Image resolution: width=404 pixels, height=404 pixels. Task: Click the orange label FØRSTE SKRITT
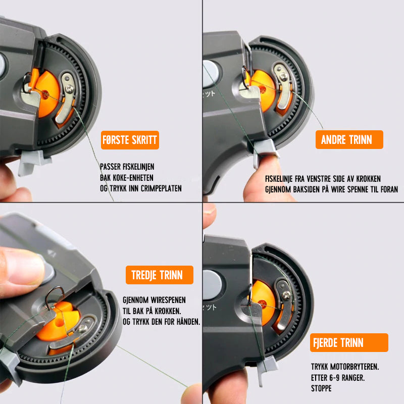coord(130,140)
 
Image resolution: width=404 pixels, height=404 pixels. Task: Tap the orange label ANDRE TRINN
coord(349,140)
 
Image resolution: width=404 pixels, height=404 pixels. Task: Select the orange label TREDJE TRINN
coord(160,275)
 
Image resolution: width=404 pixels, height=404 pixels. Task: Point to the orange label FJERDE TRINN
coord(349,343)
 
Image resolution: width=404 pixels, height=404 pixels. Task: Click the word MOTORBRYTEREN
coord(358,367)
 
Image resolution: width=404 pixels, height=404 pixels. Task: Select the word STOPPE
coord(321,388)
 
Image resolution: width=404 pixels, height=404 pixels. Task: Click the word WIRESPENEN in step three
coord(168,300)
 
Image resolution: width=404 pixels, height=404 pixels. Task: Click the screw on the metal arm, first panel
coord(70,89)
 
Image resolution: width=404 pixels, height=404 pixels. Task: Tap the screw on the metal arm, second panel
coord(284,76)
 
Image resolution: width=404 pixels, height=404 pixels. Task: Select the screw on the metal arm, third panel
coord(83,328)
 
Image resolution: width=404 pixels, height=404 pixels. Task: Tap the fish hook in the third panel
coord(54,297)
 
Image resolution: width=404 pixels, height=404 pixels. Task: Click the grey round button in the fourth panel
coord(212,285)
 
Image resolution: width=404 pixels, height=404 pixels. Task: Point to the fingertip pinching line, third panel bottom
coord(192,393)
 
